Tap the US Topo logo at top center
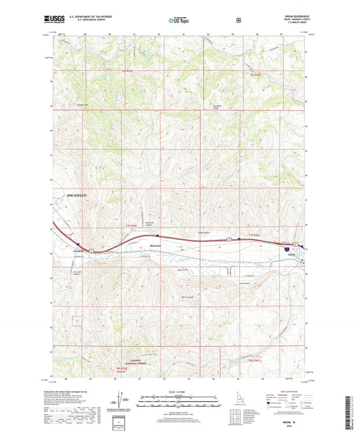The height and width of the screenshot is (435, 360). coord(179,21)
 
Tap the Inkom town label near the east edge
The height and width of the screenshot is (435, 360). coord(292,255)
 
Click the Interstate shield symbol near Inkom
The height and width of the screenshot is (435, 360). coord(286,249)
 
